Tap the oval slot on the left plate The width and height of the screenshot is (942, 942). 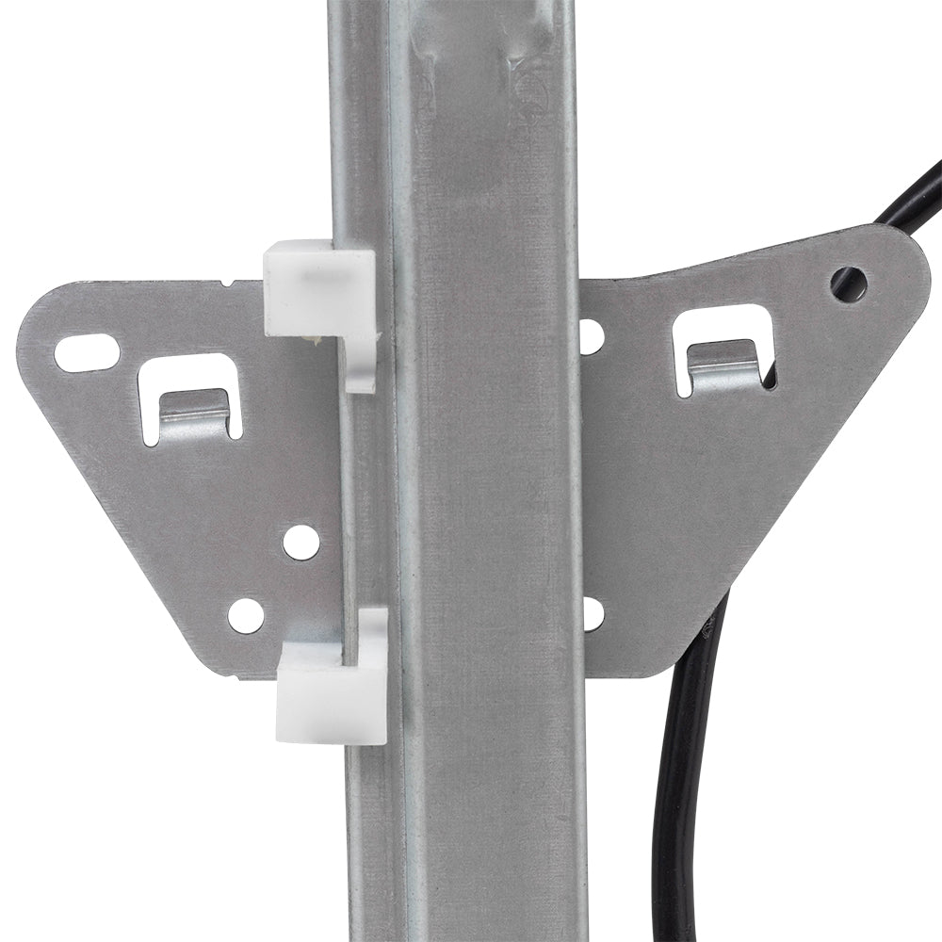tap(87, 352)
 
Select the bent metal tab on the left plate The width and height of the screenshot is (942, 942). tap(193, 415)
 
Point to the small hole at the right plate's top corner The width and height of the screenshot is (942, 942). tap(850, 280)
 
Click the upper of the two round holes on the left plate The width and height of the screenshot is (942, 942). tap(300, 542)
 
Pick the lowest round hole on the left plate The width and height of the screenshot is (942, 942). tap(246, 615)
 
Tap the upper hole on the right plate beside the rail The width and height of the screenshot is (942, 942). tap(591, 336)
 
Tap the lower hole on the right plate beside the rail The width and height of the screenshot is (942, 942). tap(591, 613)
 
